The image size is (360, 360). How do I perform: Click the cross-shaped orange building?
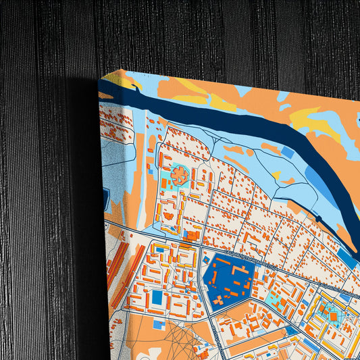180,176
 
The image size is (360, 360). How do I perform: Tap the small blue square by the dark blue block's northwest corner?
206,259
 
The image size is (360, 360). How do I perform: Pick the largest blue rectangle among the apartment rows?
157,297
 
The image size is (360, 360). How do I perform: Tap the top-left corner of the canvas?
99,81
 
